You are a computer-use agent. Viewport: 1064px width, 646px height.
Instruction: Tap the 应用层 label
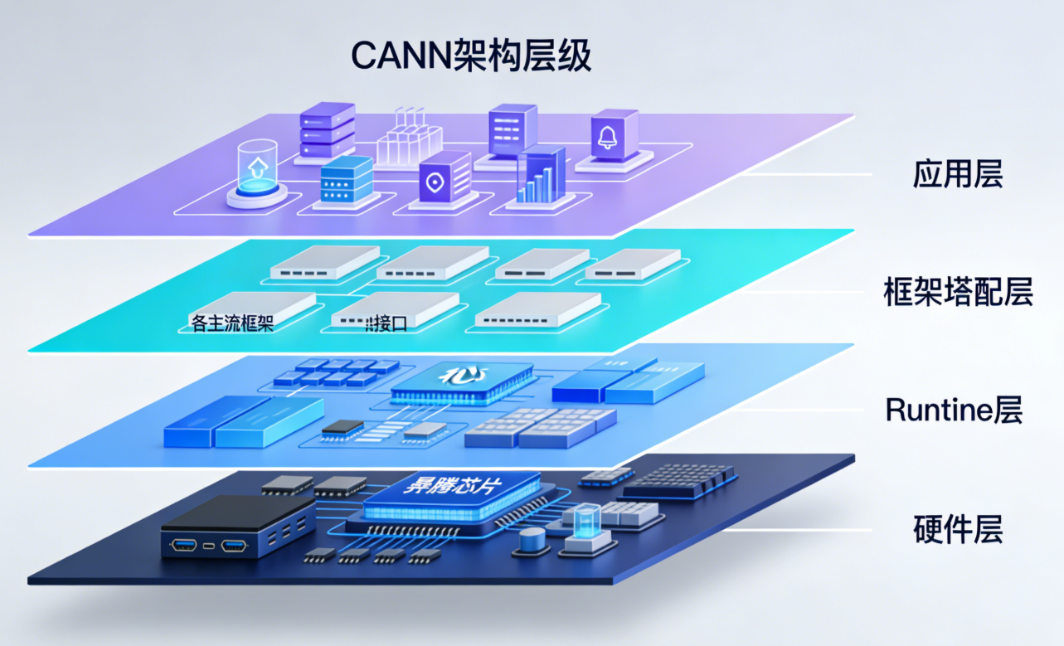958,175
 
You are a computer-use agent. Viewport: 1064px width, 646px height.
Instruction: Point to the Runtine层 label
954,410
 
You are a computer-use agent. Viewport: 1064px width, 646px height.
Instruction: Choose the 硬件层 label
958,528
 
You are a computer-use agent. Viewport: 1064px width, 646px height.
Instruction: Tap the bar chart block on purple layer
541,177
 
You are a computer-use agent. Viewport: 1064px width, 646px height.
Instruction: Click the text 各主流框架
232,323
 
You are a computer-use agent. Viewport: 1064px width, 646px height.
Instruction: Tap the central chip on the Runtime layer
463,379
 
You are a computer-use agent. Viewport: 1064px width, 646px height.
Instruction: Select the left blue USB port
183,545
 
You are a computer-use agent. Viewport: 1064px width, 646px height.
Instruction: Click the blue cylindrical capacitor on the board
532,542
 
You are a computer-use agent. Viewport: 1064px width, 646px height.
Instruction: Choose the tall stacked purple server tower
328,130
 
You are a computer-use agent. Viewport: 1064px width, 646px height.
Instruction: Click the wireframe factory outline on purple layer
409,137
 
